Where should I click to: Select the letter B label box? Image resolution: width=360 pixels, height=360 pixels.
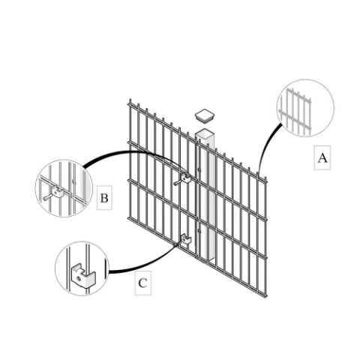104,199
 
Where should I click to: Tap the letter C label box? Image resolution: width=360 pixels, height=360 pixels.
143,283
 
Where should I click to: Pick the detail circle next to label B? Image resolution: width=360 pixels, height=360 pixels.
62,189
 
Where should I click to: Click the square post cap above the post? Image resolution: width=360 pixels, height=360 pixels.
205,115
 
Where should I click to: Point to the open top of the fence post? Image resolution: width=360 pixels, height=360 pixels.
206,134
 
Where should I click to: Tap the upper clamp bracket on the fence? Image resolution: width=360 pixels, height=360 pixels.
186,178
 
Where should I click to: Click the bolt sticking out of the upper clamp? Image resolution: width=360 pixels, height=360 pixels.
178,181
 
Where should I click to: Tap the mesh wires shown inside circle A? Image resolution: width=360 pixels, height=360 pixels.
296,109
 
